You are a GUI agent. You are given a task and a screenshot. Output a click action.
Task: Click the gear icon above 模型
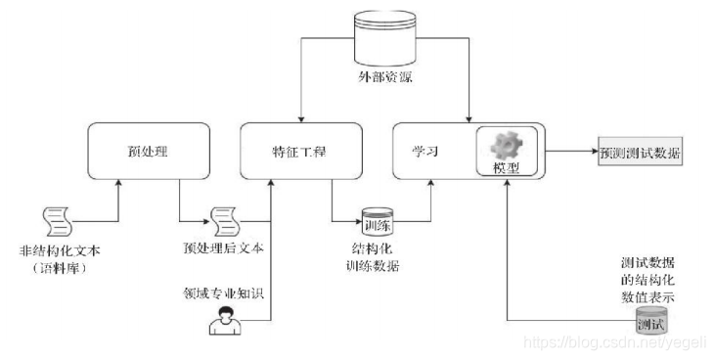coord(509,144)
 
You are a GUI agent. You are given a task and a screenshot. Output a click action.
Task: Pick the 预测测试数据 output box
coord(641,155)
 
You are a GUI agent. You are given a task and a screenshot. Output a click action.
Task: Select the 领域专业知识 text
coord(217,291)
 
